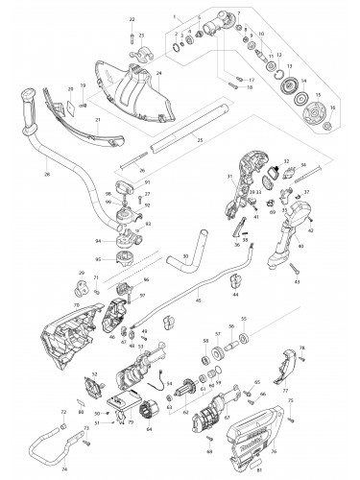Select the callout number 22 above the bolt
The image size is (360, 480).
132,19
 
